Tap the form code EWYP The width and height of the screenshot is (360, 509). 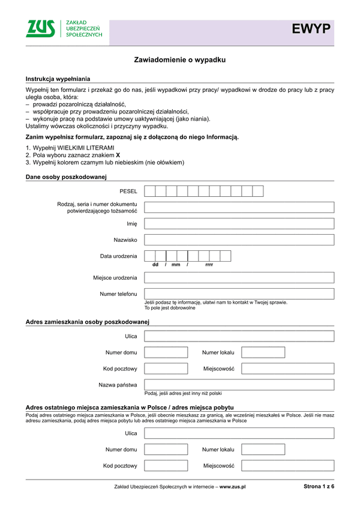click(x=311, y=29)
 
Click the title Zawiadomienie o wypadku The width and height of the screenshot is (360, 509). click(x=179, y=60)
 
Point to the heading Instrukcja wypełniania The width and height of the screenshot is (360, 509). click(x=58, y=79)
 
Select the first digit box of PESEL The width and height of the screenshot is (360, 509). click(x=150, y=191)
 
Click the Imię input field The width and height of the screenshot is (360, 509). click(x=239, y=223)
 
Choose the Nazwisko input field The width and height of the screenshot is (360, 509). click(x=239, y=239)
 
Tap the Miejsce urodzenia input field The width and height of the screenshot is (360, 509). click(x=239, y=278)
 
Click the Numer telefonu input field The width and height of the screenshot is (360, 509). click(x=239, y=294)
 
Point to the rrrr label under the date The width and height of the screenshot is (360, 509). click(x=209, y=265)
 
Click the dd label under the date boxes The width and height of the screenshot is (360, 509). click(x=155, y=265)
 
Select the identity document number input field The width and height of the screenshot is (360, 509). click(x=239, y=207)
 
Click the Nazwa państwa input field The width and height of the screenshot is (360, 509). click(x=239, y=384)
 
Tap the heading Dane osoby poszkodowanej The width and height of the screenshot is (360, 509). click(x=66, y=176)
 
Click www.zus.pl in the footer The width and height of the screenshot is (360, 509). click(x=233, y=487)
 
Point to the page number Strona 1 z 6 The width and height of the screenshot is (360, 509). click(x=319, y=487)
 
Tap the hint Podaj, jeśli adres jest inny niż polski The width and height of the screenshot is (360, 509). click(x=183, y=394)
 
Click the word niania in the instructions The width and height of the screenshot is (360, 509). click(x=199, y=119)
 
